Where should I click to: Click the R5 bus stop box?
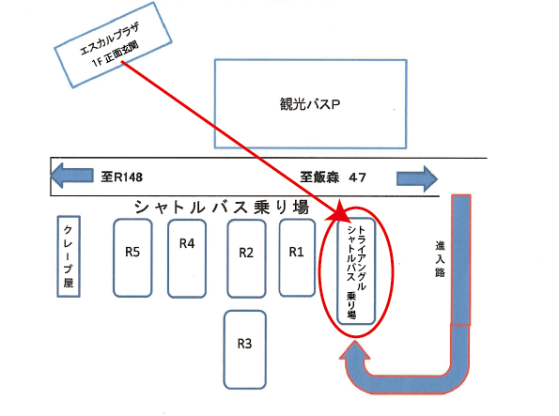point(132,258)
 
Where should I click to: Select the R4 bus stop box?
point(187,259)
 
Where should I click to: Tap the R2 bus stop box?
point(246,259)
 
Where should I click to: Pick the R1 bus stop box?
point(297,258)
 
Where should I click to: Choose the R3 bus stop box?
point(245,349)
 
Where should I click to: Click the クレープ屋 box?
point(69,256)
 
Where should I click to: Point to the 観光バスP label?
point(310,104)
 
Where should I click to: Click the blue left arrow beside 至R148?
point(72,176)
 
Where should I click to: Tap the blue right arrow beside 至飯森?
point(417,178)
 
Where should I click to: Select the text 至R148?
point(121,177)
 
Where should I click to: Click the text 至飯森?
point(319,177)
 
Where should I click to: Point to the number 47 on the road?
point(358,177)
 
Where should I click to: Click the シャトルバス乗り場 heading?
point(222,208)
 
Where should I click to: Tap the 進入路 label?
point(441,259)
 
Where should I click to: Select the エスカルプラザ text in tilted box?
point(109,39)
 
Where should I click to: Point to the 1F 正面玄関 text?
point(116,55)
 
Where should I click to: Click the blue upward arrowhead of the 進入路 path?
point(355,351)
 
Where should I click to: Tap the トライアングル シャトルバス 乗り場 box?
point(356,271)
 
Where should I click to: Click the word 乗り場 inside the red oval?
point(351,305)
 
